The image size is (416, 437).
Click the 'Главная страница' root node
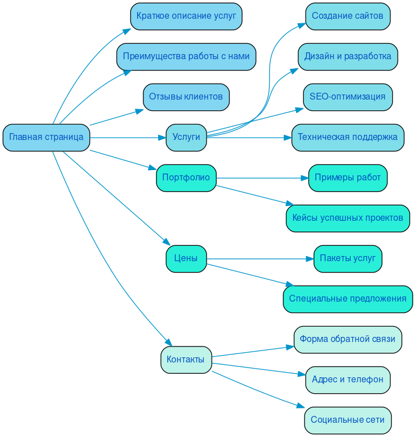tap(46, 137)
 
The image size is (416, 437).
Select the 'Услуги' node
tap(186, 137)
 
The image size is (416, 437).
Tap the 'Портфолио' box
tap(186, 178)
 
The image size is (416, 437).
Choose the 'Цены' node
tap(186, 258)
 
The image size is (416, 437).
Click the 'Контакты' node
tap(186, 360)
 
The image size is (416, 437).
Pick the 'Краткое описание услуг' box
tap(186, 16)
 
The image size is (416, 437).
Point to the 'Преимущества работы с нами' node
tap(186, 56)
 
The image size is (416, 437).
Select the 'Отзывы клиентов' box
tap(186, 97)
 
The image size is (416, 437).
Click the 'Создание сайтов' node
tap(348, 16)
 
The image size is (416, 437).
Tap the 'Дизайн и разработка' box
tap(348, 56)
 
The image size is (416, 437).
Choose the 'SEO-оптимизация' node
tap(348, 97)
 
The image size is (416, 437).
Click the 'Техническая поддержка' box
tap(348, 137)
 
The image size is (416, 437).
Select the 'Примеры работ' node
tap(348, 178)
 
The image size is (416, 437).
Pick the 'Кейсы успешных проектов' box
tap(348, 218)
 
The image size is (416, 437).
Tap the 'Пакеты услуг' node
tap(348, 258)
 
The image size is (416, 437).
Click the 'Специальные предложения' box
tap(348, 299)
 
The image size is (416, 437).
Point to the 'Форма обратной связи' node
tap(348, 339)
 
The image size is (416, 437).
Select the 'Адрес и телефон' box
tap(348, 380)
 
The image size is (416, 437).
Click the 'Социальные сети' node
tap(348, 420)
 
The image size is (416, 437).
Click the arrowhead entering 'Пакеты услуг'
tap(310, 259)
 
